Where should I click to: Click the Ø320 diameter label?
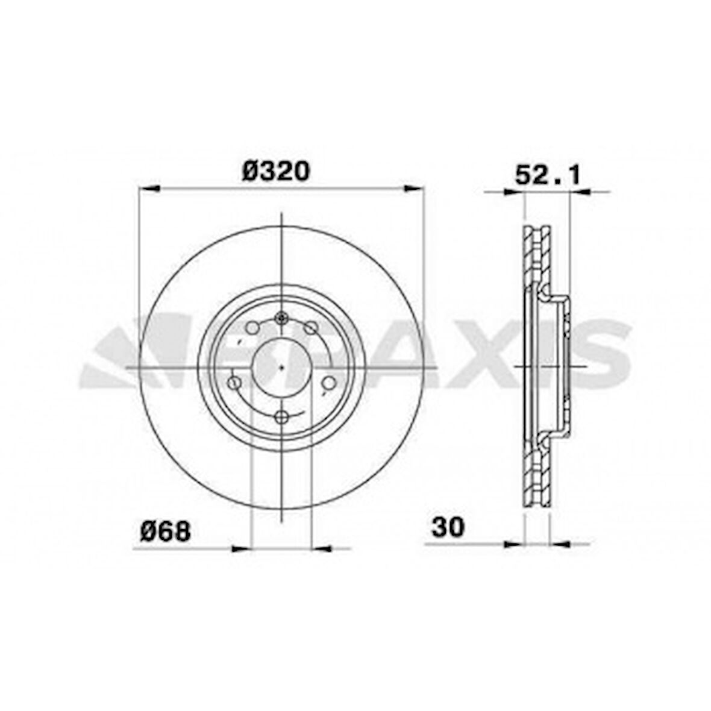click(x=276, y=172)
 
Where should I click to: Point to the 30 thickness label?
click(x=448, y=527)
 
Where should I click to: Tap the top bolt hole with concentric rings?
click(x=281, y=319)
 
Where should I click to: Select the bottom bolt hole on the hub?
click(x=281, y=416)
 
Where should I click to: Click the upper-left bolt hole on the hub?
click(x=254, y=328)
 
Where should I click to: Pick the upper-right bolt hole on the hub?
click(x=310, y=328)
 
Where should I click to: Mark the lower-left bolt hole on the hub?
click(x=235, y=383)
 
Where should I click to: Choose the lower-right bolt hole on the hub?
click(x=329, y=383)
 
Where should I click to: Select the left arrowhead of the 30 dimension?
click(x=513, y=544)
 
